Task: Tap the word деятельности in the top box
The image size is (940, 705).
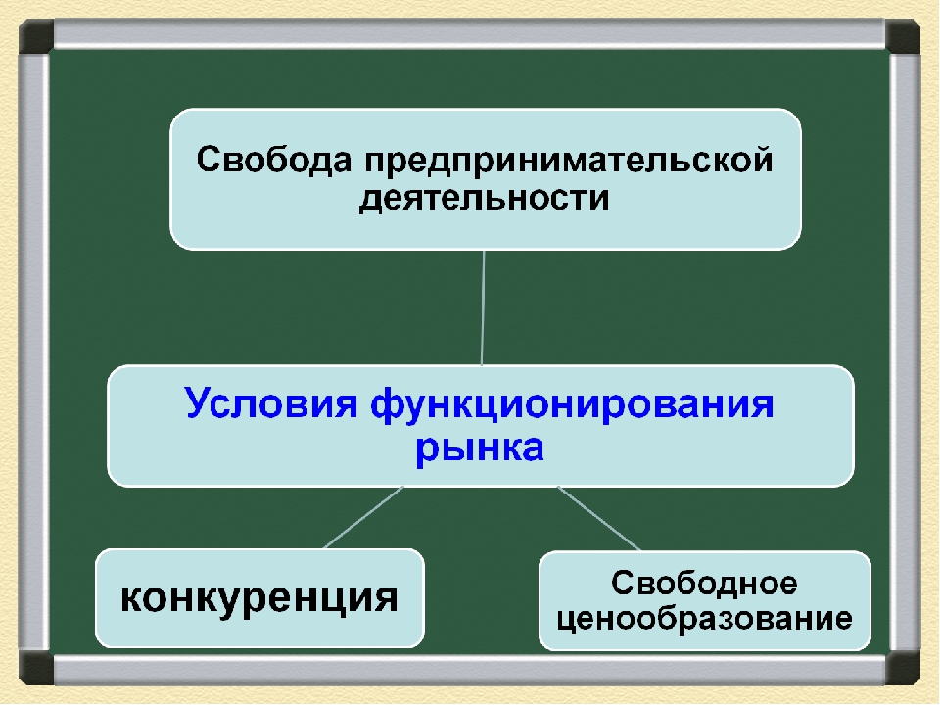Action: tap(485, 199)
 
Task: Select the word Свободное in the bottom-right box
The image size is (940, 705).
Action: tap(705, 585)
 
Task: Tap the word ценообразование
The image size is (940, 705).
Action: tap(705, 620)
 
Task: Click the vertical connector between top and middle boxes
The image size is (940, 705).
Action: tap(483, 307)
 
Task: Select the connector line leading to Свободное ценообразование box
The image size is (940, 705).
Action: tap(599, 517)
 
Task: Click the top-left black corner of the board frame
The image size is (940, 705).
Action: tap(35, 37)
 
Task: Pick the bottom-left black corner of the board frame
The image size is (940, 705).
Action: tap(35, 668)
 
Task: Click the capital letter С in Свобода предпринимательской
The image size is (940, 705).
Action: tap(210, 161)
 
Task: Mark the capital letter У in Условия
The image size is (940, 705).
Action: tap(197, 403)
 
